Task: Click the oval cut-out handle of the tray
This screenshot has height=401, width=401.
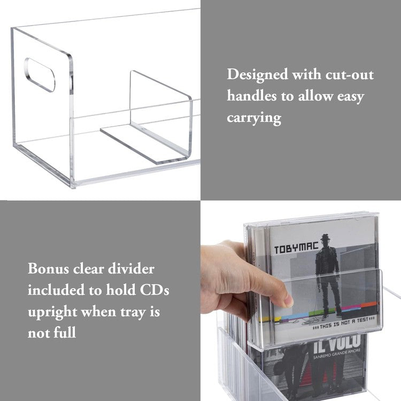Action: tap(40, 75)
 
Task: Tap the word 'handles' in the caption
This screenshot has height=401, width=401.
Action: tap(251, 96)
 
